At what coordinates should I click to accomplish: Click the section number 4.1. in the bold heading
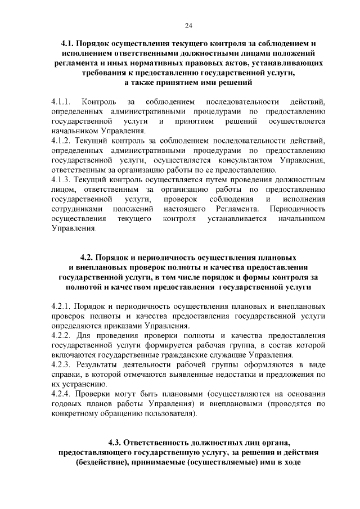point(68,43)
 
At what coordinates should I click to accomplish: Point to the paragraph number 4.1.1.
point(60,102)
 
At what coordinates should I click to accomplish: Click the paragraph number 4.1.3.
point(60,180)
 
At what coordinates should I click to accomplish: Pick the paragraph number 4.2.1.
point(60,307)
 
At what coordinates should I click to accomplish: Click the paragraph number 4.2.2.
point(60,336)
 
